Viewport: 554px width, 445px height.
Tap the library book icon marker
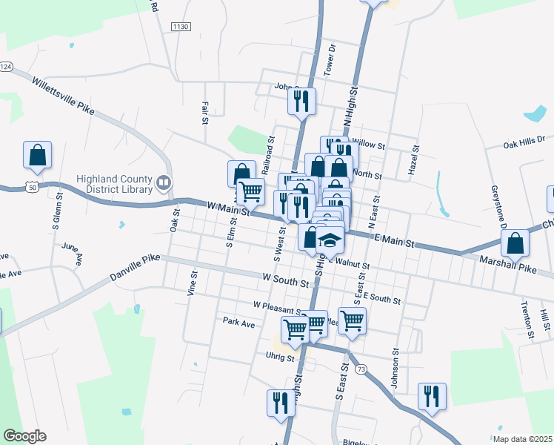pyautogui.click(x=164, y=182)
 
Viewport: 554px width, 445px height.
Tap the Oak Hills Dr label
pyautogui.click(x=524, y=140)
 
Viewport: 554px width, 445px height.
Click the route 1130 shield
pyautogui.click(x=181, y=27)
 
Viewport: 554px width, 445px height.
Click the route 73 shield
pyautogui.click(x=361, y=369)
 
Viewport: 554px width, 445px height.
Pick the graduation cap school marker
pyautogui.click(x=331, y=241)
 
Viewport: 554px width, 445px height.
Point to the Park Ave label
pyautogui.click(x=238, y=323)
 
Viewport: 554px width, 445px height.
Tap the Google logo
pyautogui.click(x=24, y=435)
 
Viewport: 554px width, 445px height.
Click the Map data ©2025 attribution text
pyautogui.click(x=521, y=439)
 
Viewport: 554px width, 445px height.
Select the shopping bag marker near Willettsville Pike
pyautogui.click(x=37, y=156)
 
